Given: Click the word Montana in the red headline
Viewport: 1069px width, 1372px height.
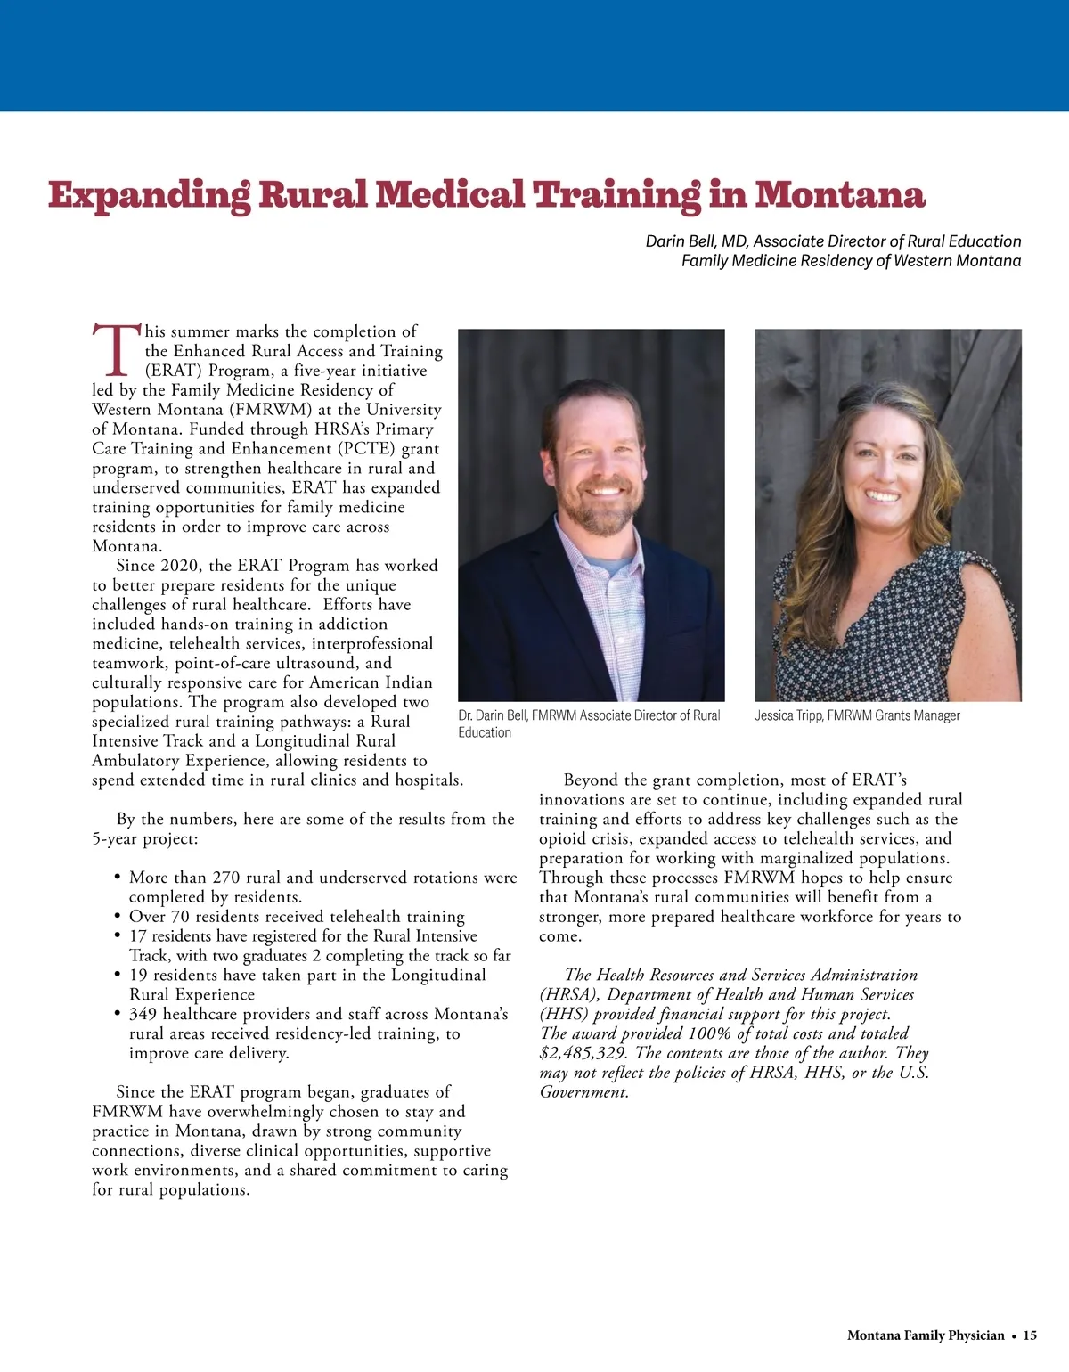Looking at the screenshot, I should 840,194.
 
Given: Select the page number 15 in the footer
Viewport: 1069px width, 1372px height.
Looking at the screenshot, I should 1030,1335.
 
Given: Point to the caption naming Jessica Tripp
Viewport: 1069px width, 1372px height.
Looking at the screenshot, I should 857,715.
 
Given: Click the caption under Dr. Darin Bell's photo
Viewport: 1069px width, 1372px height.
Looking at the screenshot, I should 589,723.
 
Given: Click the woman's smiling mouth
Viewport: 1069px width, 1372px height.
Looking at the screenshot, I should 883,494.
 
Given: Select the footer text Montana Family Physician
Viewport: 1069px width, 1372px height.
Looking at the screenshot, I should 925,1335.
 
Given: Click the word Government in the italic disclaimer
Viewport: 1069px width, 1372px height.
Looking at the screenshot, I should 583,1092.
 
